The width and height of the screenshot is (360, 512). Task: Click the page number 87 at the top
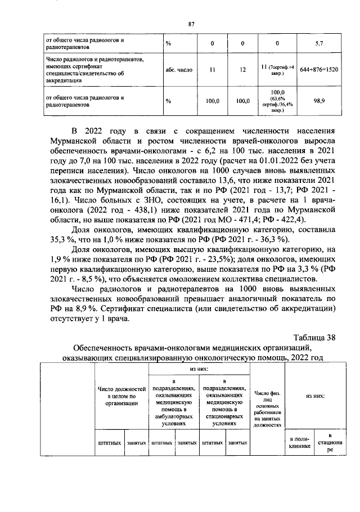pos(191,23)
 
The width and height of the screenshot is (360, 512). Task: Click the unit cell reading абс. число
pos(179,70)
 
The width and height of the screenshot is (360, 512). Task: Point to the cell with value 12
pos(242,70)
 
